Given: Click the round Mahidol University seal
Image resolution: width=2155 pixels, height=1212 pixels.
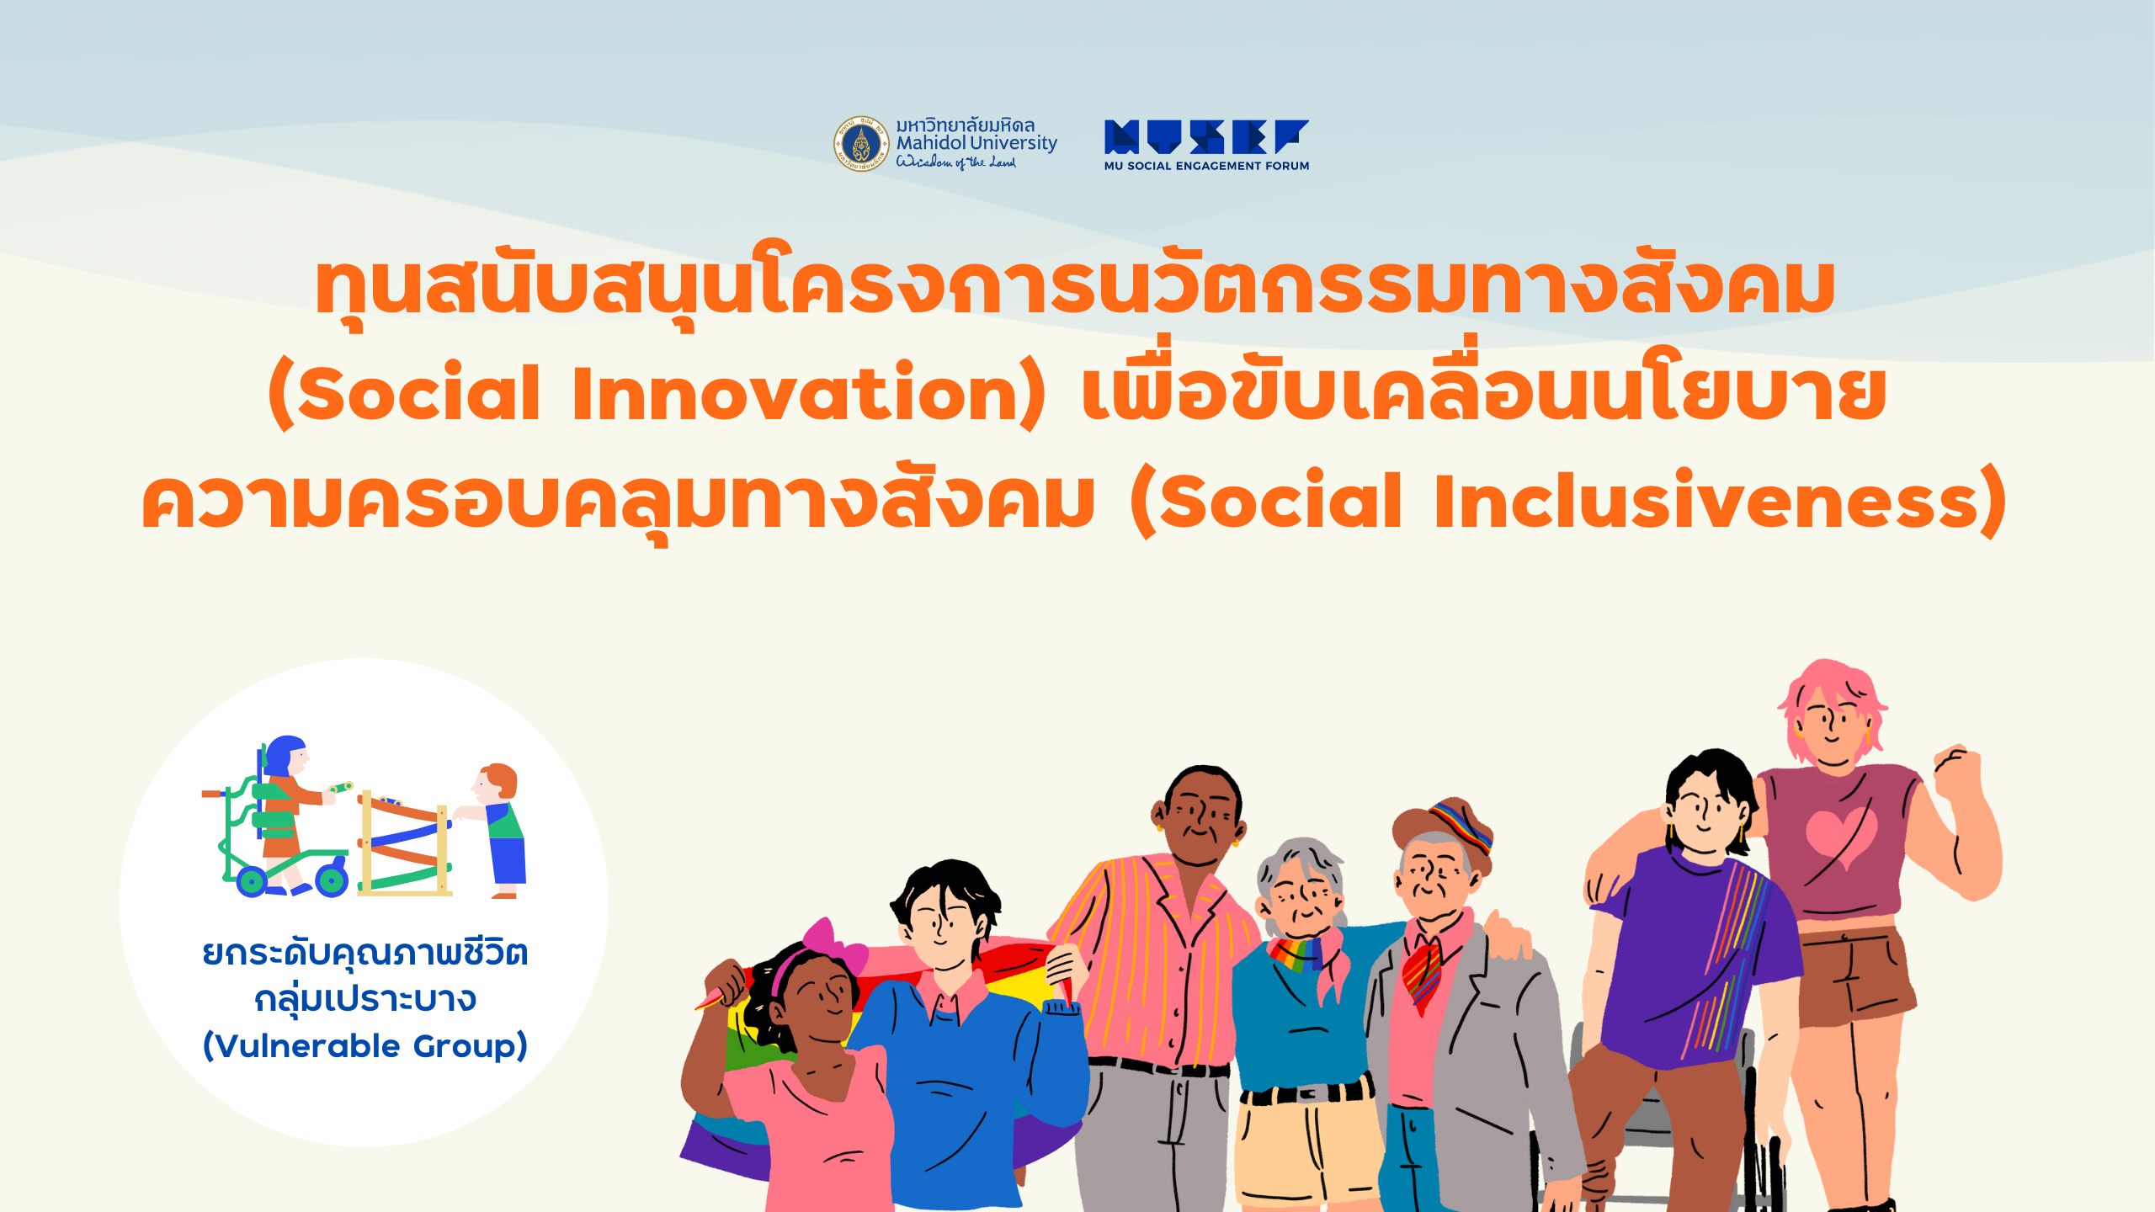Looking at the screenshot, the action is tap(861, 143).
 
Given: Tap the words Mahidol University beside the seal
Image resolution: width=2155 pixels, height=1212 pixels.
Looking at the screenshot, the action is tap(976, 144).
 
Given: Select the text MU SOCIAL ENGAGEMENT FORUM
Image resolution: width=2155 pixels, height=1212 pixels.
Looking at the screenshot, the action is tap(1206, 166).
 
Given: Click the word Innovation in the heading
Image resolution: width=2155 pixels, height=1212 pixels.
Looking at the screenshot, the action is tap(796, 393).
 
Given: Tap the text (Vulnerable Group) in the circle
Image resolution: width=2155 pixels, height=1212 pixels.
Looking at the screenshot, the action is tap(365, 1046).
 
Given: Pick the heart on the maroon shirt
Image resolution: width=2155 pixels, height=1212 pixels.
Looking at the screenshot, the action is tap(1840, 838).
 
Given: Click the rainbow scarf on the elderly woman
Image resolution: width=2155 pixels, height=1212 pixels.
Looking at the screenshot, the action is tap(1296, 954).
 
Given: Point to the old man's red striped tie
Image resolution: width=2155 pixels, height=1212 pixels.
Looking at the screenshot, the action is tap(1423, 976).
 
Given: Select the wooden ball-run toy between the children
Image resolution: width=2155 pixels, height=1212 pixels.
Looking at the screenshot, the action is tap(405, 842).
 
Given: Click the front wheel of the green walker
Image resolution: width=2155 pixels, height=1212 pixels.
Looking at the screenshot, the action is tap(332, 880).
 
